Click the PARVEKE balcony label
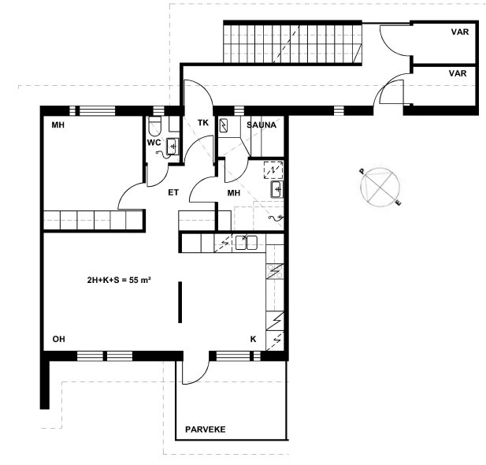tap(205, 430)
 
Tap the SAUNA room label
tap(262, 125)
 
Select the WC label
tap(154, 143)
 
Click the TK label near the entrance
tap(203, 123)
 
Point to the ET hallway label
tap(173, 192)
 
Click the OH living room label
tap(59, 339)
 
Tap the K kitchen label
tap(253, 340)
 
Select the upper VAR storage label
tap(460, 32)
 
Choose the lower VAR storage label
tap(458, 73)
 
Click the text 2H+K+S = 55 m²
tap(119, 280)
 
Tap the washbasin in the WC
tap(173, 146)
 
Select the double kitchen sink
tap(246, 242)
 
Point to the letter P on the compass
tap(362, 171)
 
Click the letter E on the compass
tap(399, 203)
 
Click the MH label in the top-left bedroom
tap(58, 125)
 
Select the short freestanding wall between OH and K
tap(180, 302)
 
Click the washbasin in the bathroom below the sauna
tap(277, 189)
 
